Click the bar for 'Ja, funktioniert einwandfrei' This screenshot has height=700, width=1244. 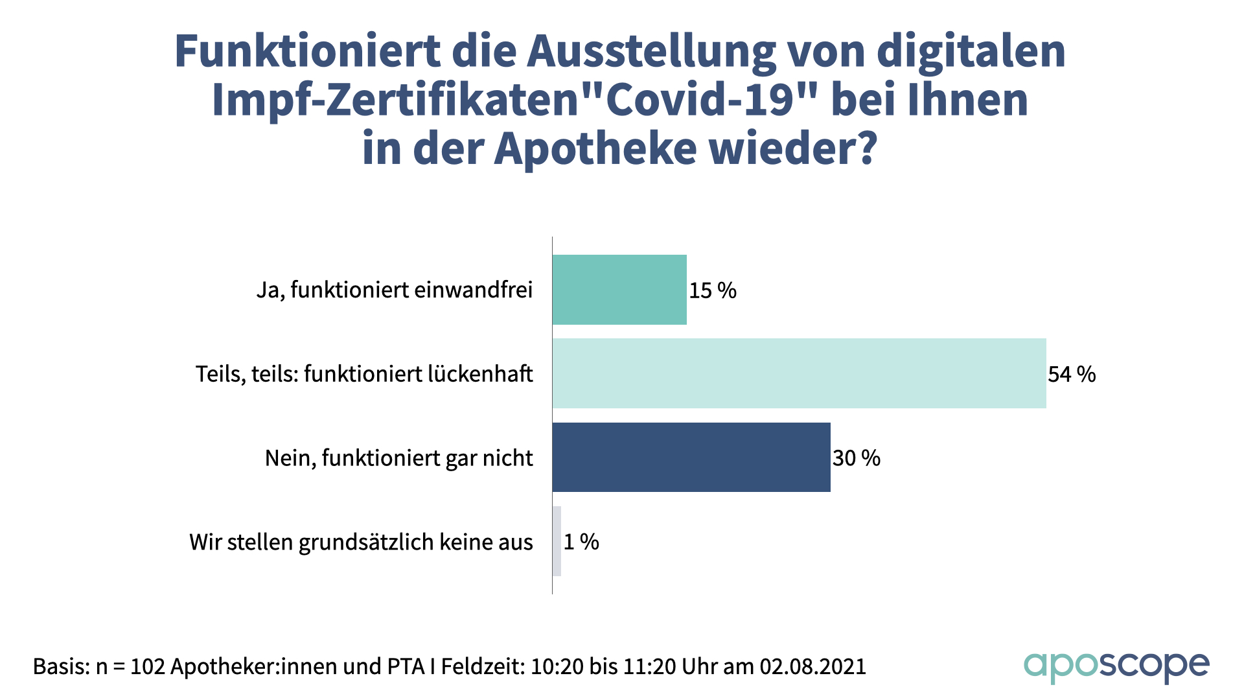pyautogui.click(x=619, y=290)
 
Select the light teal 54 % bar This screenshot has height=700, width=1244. pyautogui.click(x=799, y=373)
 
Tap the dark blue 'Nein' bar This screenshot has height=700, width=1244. pyautogui.click(x=691, y=458)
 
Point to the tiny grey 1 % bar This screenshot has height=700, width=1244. pyautogui.click(x=557, y=541)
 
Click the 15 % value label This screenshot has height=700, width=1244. pyautogui.click(x=713, y=290)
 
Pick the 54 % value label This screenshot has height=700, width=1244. pyautogui.click(x=1072, y=374)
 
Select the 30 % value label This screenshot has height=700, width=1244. pyautogui.click(x=857, y=458)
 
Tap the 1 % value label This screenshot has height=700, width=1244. pyautogui.click(x=581, y=542)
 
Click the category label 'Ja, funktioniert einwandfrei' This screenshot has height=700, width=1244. pyautogui.click(x=395, y=290)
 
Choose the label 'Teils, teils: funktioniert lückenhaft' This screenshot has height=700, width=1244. pyautogui.click(x=364, y=374)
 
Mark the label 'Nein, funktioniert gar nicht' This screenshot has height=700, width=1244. pyautogui.click(x=398, y=458)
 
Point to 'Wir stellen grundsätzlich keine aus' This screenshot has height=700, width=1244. pyautogui.click(x=361, y=542)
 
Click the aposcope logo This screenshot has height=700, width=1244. pyautogui.click(x=1116, y=667)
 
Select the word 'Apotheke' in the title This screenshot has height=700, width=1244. pyautogui.click(x=595, y=148)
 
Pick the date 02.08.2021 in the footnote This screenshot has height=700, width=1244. pyautogui.click(x=812, y=666)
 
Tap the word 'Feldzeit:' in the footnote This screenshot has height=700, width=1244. pyautogui.click(x=483, y=666)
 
